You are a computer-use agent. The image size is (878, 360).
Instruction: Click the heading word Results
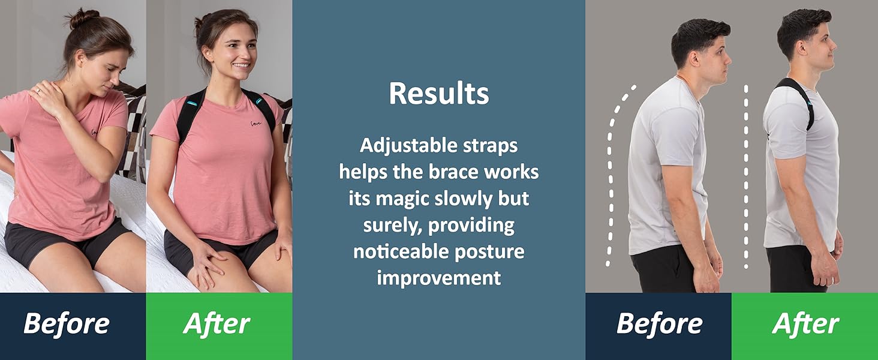438,93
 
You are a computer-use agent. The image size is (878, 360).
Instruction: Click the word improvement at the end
438,278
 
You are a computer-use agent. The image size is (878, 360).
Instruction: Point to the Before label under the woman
66,324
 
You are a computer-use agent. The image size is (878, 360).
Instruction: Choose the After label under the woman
217,324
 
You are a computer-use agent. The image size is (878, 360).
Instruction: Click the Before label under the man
659,324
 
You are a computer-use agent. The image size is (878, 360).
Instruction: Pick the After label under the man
805,324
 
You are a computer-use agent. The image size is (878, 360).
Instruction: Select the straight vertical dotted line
746,174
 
